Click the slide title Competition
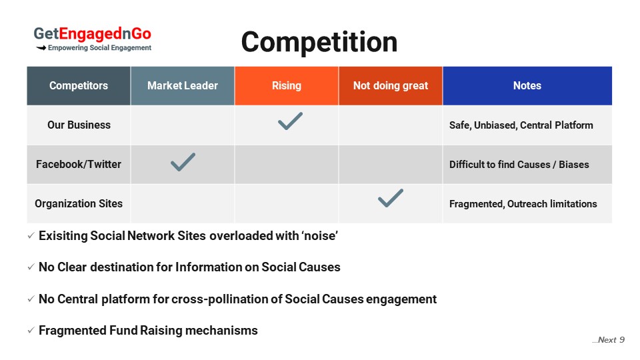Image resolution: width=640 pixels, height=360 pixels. tap(319, 43)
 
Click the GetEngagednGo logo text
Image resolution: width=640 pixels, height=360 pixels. tap(92, 34)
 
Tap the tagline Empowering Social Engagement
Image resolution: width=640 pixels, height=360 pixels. tap(99, 48)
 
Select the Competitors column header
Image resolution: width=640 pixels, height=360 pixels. tap(79, 86)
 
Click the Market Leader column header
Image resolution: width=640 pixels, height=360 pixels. tap(183, 86)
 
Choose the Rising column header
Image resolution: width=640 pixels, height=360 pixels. tap(287, 86)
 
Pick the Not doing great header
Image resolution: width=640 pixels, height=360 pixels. tap(391, 86)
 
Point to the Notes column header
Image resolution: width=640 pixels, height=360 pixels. tap(527, 86)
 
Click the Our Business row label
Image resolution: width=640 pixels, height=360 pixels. tap(79, 125)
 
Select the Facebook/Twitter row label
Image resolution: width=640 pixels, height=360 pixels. tap(79, 164)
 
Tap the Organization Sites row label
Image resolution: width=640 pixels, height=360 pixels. tap(79, 204)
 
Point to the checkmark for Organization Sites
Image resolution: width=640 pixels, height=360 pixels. tap(390, 199)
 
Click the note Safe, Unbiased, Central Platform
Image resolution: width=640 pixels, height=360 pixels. tap(521, 125)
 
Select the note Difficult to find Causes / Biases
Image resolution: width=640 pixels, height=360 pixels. tap(519, 165)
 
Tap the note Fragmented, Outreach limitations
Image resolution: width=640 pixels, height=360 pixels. tap(523, 204)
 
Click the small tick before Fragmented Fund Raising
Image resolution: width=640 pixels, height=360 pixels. tap(31, 330)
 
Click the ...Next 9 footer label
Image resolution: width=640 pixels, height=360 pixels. tap(608, 340)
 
